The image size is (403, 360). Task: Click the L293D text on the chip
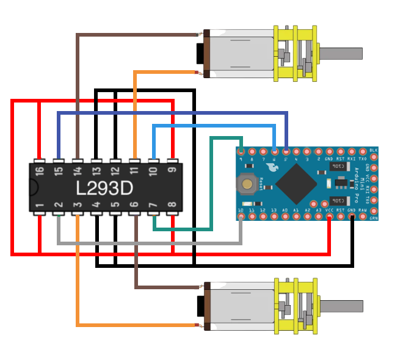[x=104, y=188]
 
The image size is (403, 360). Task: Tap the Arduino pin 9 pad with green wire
[x=241, y=151]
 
